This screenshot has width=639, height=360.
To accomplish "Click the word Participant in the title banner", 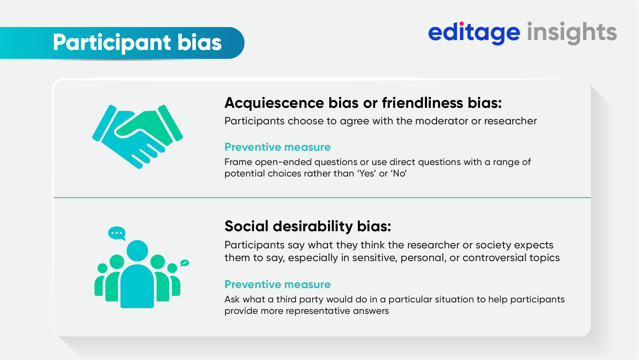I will pos(112,43).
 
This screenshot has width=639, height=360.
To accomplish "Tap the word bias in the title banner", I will pos(199,43).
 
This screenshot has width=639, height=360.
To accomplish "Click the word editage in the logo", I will pos(474,32).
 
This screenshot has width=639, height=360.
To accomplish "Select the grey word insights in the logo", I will pos(572,32).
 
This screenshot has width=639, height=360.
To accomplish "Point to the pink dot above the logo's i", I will pos(462,24).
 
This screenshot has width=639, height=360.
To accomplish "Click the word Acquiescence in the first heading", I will pos(274,103).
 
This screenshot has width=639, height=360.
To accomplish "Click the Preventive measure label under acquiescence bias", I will pos(277,147).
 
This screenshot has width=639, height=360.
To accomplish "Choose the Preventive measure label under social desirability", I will pos(277,284).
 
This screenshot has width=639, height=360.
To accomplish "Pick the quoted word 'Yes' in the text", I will pos(367,174).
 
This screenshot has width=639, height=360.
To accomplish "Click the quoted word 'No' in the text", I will pos(399,174).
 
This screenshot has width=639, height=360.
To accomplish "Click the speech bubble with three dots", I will pos(117,233).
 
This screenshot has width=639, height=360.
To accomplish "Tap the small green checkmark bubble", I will pos(185,263).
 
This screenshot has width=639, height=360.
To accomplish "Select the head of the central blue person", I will pos(137,251).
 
